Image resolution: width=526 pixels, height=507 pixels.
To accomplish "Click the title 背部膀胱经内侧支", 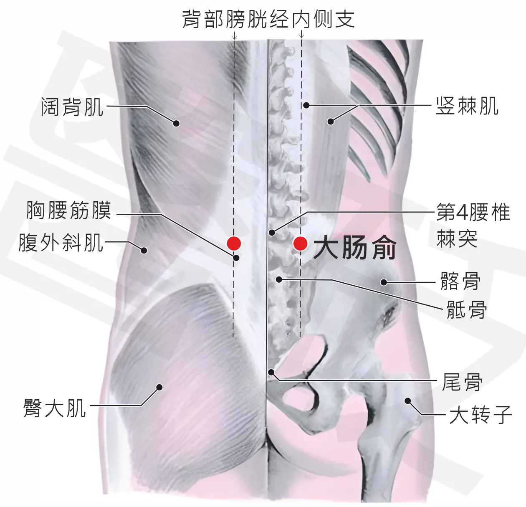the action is (268, 19).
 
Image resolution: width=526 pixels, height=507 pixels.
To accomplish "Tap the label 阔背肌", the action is (72, 107).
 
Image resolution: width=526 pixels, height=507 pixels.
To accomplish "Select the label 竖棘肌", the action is (467, 106).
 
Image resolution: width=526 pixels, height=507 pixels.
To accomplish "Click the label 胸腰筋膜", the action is (68, 210).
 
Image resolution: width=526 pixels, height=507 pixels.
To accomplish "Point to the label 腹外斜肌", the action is (61, 243).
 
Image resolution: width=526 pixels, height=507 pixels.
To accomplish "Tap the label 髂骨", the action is (460, 281).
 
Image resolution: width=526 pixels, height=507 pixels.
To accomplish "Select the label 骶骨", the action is (467, 309).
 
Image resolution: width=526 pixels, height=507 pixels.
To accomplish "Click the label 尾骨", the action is (462, 382).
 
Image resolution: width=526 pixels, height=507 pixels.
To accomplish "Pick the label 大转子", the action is (480, 415).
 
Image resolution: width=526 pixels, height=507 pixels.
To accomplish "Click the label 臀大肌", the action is (55, 408).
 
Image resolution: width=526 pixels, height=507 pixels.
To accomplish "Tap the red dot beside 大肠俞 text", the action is (300, 243).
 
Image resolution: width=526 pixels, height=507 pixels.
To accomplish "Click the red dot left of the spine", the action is (234, 243).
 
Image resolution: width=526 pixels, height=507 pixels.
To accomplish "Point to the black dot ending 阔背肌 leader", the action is (176, 124).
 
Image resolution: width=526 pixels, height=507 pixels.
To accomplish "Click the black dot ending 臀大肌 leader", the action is (159, 387).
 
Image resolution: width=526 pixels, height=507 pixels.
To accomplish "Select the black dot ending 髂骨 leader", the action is (384, 282).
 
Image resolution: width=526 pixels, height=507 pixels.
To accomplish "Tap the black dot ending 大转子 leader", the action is (407, 401).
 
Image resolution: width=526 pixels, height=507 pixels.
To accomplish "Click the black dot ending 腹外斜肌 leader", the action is (144, 251).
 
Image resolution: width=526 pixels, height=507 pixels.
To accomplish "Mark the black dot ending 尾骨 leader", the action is (271, 373).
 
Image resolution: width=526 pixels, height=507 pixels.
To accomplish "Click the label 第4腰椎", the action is (473, 212).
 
